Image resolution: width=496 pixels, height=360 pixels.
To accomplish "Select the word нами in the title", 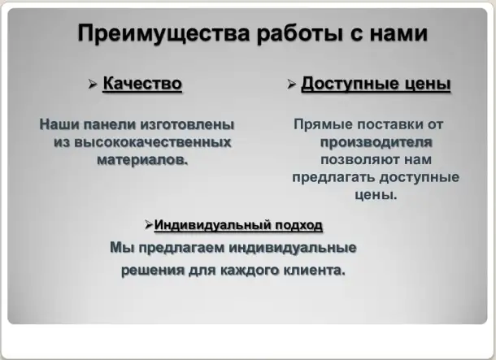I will point(395,35).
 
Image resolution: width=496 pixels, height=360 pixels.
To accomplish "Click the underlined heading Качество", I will point(142,84).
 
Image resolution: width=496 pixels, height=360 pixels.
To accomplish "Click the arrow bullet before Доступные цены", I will point(291,85).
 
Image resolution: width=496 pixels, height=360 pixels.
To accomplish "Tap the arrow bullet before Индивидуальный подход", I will point(149,223).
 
